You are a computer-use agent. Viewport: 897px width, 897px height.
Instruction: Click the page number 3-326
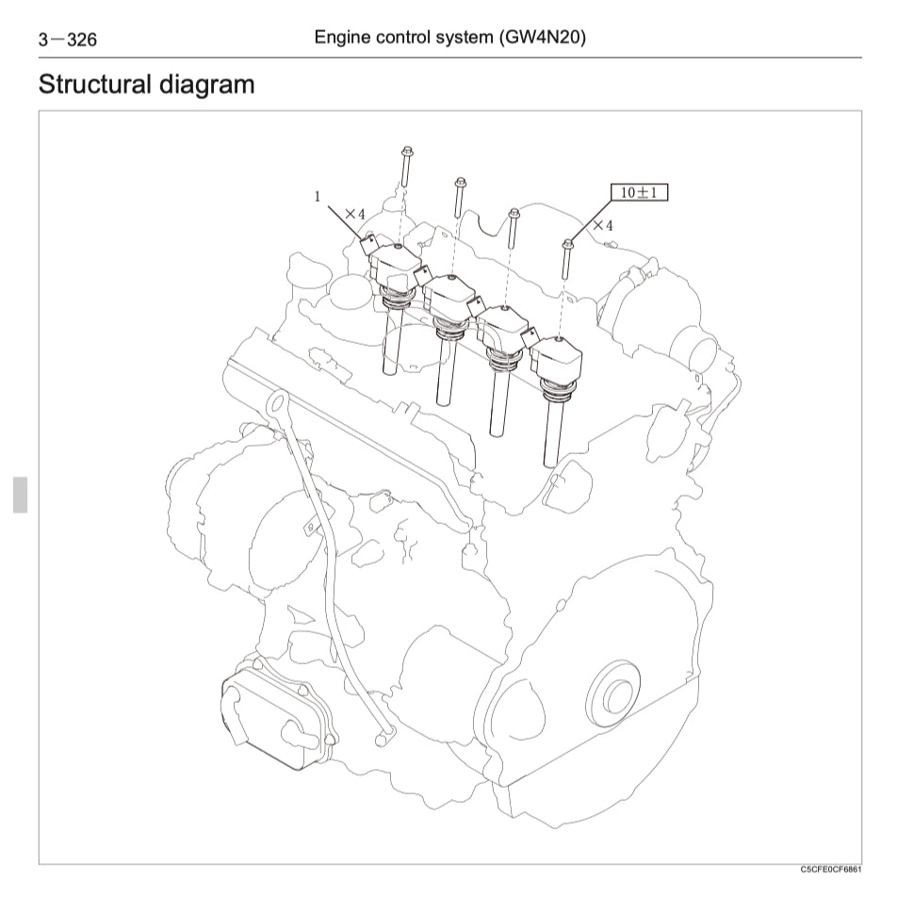tap(67, 40)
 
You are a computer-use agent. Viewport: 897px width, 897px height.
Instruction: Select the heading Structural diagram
tap(146, 84)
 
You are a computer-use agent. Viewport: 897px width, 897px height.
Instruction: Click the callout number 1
tap(318, 197)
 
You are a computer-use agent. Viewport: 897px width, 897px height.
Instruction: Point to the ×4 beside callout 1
tap(354, 214)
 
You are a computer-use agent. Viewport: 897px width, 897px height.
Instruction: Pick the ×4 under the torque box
tap(602, 226)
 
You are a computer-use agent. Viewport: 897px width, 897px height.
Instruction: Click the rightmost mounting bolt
tap(567, 259)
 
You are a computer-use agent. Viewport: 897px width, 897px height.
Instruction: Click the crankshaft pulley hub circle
tap(617, 698)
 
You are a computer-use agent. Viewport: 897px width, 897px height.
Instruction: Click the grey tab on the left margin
tap(20, 495)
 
